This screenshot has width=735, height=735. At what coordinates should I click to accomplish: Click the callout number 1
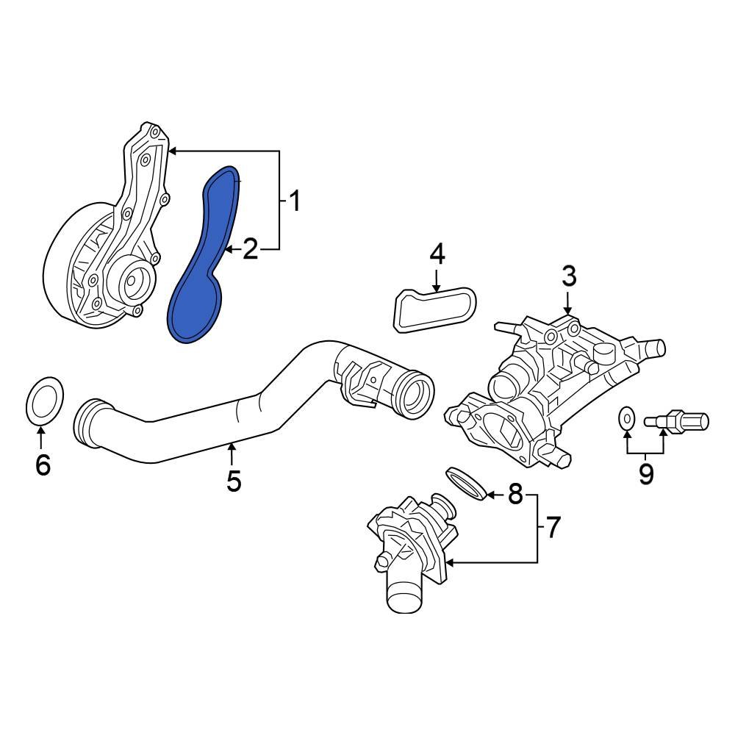coord(293,201)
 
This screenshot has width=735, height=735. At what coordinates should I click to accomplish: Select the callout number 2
coord(251,250)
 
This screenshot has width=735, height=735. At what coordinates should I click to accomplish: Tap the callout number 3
coord(569,277)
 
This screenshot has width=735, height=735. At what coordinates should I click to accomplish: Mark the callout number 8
coord(514,495)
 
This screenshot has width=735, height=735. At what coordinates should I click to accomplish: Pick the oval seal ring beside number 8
coord(465,482)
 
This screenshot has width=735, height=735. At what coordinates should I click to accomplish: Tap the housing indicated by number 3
coord(544,390)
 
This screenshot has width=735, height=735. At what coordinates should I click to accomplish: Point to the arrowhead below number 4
coord(437,289)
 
